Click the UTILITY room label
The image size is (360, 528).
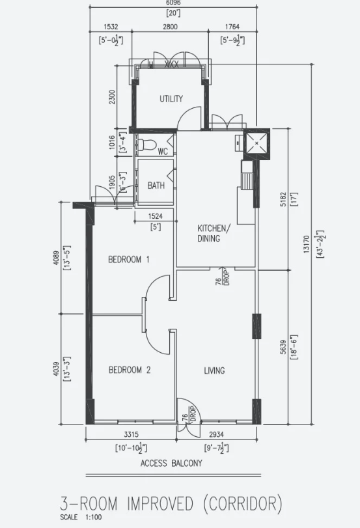pyautogui.click(x=171, y=99)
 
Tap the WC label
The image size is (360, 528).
pyautogui.click(x=163, y=152)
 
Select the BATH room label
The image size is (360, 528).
pyautogui.click(x=156, y=185)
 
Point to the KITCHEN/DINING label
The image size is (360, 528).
pyautogui.click(x=214, y=233)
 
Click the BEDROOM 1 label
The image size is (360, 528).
pyautogui.click(x=129, y=259)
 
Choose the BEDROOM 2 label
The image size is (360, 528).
pyautogui.click(x=130, y=370)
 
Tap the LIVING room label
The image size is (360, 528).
pyautogui.click(x=215, y=370)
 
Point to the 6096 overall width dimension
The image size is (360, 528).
pyautogui.click(x=173, y=3)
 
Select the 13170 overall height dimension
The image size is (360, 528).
pyautogui.click(x=306, y=243)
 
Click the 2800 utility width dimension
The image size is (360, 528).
pyautogui.click(x=170, y=27)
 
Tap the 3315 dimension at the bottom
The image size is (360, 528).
pyautogui.click(x=131, y=434)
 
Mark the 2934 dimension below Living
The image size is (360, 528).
pyautogui.click(x=216, y=434)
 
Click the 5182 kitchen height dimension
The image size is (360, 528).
pyautogui.click(x=283, y=199)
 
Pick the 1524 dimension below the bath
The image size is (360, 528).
pyautogui.click(x=155, y=216)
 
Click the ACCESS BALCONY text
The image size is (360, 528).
pyautogui.click(x=171, y=464)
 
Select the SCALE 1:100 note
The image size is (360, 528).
pyautogui.click(x=81, y=517)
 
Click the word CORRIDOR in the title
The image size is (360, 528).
pyautogui.click(x=242, y=504)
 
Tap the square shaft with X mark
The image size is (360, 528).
pyautogui.click(x=256, y=143)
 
